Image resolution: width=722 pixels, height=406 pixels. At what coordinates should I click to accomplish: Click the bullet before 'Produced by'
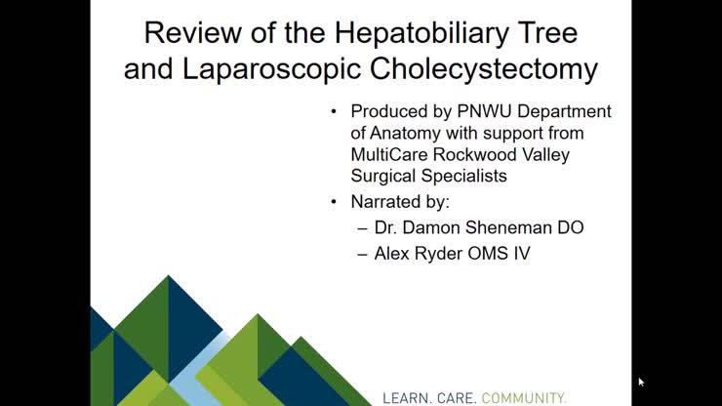coord(336,111)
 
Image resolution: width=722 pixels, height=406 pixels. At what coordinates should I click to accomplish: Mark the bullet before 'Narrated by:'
coord(336,203)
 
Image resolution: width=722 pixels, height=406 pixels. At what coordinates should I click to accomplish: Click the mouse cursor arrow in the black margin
coord(641,382)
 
